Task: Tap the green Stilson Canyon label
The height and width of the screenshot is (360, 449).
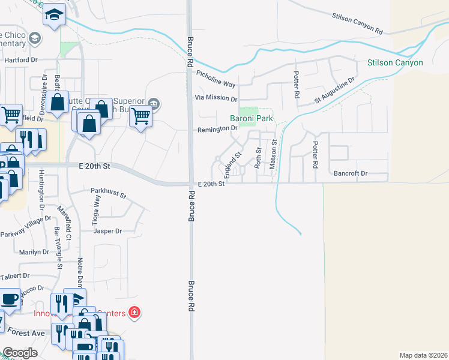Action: (x=395, y=62)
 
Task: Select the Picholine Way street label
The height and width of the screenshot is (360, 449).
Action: (x=216, y=77)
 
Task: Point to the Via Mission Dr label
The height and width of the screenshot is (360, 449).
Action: (x=216, y=98)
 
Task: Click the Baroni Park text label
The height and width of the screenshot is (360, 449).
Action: (x=252, y=119)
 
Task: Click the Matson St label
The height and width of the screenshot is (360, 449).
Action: (x=273, y=154)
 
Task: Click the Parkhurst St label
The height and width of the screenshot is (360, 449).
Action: (x=108, y=194)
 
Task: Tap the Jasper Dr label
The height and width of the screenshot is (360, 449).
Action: (x=108, y=231)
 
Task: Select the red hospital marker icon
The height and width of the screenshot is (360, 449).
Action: (x=134, y=313)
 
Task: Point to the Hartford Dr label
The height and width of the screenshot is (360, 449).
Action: (x=22, y=61)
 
